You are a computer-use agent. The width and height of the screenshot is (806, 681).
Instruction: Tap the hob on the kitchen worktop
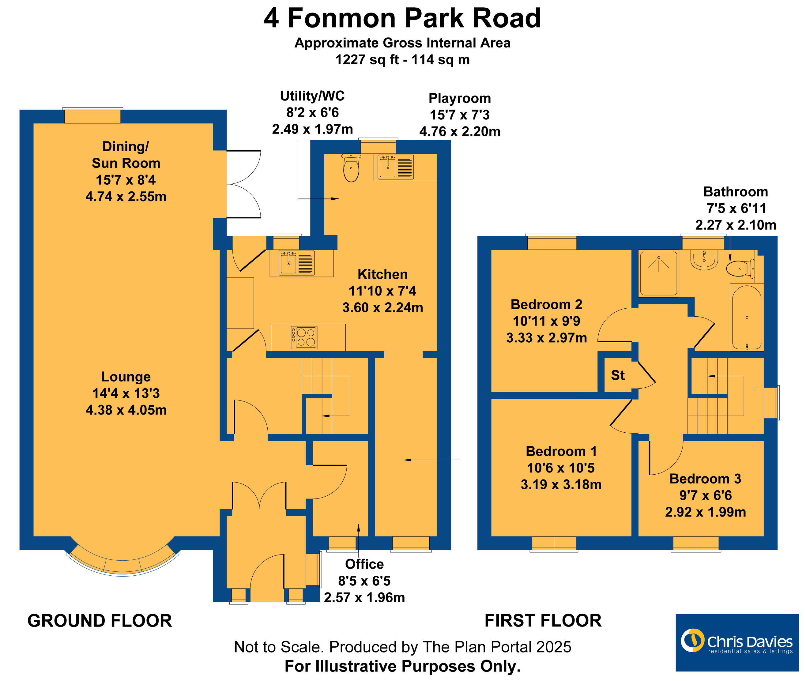click(x=304, y=337)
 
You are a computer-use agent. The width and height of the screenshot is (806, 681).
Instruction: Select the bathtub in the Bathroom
click(x=747, y=317)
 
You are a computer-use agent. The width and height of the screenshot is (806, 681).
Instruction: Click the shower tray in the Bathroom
click(x=658, y=273)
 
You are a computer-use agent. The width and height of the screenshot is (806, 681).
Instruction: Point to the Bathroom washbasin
click(x=704, y=260)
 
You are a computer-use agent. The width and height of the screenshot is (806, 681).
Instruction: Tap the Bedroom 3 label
click(x=705, y=479)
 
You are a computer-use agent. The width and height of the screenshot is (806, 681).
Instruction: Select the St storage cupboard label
click(x=618, y=375)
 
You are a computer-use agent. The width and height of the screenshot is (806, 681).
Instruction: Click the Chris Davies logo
click(x=736, y=643)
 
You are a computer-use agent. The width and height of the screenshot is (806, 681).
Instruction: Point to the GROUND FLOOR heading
click(x=100, y=621)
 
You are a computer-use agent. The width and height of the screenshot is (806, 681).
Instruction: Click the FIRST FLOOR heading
click(x=543, y=621)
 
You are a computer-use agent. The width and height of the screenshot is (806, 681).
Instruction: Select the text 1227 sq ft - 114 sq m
click(x=402, y=60)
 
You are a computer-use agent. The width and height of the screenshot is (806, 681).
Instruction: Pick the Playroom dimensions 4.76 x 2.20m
click(x=460, y=132)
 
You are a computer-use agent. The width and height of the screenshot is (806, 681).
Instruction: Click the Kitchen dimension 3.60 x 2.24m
click(x=382, y=308)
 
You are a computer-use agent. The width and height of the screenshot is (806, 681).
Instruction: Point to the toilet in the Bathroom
click(x=740, y=268)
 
